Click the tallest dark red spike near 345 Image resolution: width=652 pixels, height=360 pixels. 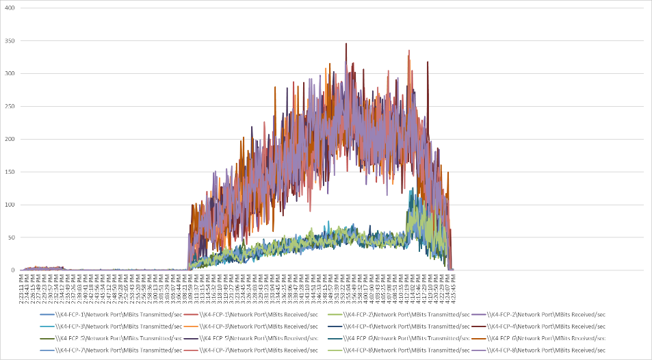[346, 44]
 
